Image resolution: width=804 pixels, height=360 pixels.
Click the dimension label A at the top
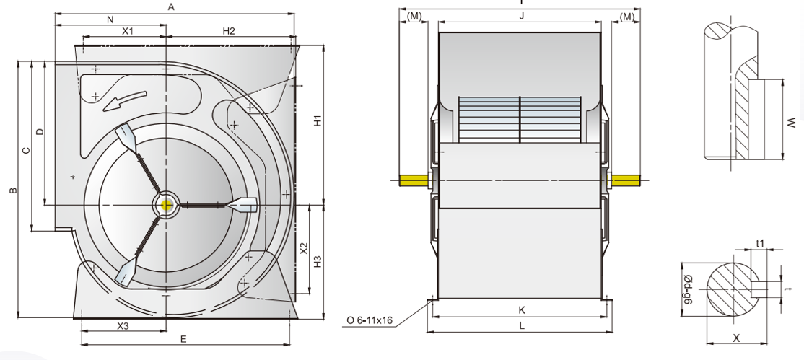point(171,6)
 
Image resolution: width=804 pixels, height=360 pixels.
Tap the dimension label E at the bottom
point(183,338)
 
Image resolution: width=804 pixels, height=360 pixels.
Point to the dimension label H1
point(317,122)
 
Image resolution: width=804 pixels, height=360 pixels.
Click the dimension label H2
point(229,31)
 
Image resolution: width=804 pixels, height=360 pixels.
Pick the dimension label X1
point(127,31)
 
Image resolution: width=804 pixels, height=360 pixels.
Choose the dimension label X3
point(123,326)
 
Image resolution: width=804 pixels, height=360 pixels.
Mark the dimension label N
point(110,19)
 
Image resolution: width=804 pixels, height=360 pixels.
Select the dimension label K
point(521,309)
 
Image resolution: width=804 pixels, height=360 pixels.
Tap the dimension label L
point(521,325)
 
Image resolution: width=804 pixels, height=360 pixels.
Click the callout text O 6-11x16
point(369,320)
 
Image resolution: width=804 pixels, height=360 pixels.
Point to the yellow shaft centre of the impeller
point(167,205)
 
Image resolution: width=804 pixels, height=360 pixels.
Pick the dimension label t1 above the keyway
point(759,244)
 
